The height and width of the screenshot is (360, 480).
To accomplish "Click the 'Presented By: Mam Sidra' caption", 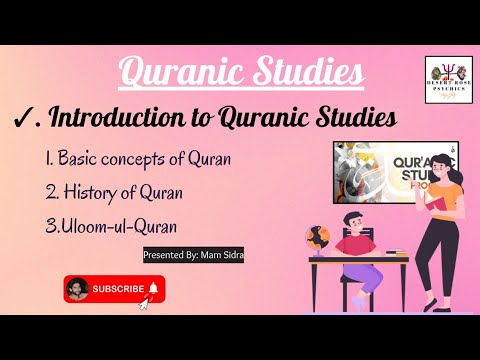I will click(194, 255).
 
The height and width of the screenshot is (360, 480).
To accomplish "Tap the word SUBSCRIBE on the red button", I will click(118, 289).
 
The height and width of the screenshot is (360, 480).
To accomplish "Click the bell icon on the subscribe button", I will click(154, 289).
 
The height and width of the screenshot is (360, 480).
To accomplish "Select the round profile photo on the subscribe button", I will click(77, 290).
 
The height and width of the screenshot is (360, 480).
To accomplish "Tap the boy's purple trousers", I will click(365, 273).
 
